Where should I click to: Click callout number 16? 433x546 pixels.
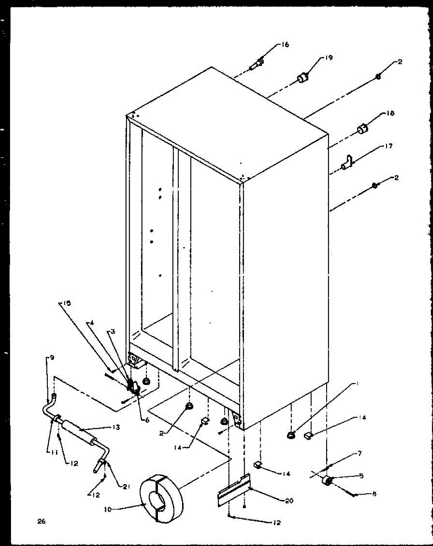285,45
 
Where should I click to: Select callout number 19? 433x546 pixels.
329,58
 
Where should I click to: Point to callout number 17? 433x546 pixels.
388,146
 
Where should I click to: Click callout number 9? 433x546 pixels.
52,358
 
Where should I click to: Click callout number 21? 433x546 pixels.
126,486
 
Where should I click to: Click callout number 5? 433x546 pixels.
362,476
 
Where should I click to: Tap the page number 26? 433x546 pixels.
41,521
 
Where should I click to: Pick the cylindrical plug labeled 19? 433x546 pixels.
302,78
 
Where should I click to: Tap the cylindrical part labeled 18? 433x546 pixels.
363,129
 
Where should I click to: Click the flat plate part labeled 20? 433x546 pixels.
233,490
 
